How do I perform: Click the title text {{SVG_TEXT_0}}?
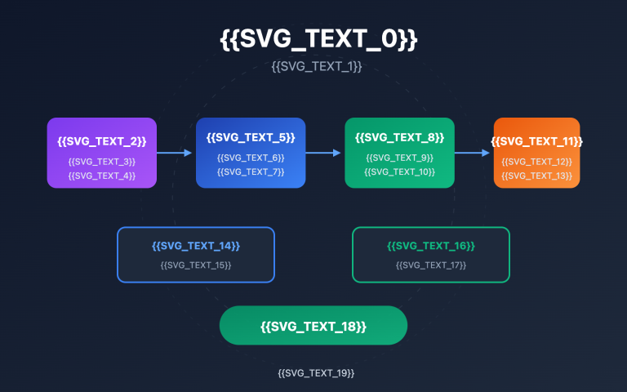[x=318, y=39]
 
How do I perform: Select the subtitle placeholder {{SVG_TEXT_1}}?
[x=316, y=66]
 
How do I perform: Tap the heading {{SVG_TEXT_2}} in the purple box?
[x=102, y=141]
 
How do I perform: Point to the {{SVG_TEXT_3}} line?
[x=102, y=162]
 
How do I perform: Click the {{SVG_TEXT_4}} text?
[x=102, y=176]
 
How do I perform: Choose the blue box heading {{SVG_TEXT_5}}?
[x=251, y=137]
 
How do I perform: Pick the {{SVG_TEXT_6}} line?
[x=251, y=158]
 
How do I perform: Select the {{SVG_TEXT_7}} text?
[x=251, y=171]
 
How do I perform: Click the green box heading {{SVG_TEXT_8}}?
[x=400, y=137]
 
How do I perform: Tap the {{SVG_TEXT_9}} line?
[x=400, y=158]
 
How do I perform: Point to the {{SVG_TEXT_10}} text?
[x=400, y=171]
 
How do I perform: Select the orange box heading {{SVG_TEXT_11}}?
[x=536, y=141]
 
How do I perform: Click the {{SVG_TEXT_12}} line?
[x=536, y=162]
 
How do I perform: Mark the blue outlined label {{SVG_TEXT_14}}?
[x=196, y=246]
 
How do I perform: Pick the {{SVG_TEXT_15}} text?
[x=196, y=265]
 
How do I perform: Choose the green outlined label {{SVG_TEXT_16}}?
[x=430, y=246]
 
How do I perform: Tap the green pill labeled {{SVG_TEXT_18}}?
[x=313, y=327]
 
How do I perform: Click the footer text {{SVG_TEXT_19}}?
[x=316, y=373]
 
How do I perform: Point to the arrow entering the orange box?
[x=474, y=153]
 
